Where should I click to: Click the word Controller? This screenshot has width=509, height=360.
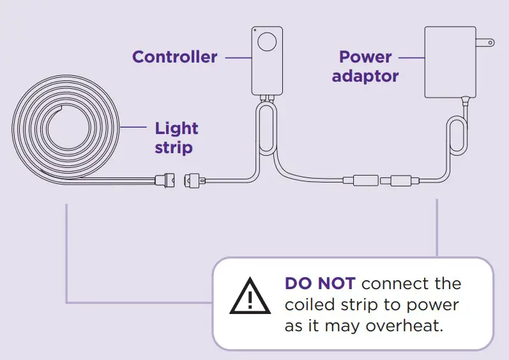174,57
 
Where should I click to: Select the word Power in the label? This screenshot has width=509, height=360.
365,57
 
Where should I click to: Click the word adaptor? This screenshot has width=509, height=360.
365,76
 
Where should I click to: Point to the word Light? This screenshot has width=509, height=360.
176,128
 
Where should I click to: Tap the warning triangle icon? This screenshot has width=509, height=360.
250,296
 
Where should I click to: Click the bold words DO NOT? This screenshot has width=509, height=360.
319,283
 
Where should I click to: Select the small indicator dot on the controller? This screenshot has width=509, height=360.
255,30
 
